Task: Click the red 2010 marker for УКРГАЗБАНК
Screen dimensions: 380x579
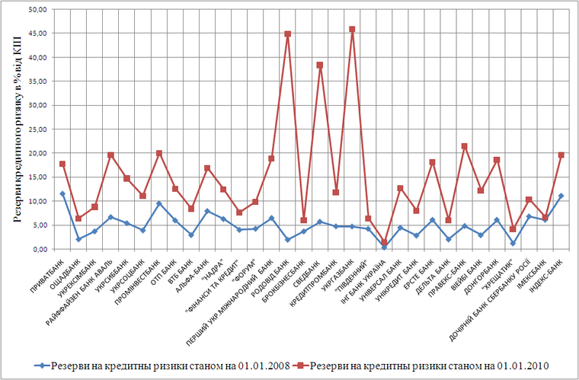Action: coord(352,29)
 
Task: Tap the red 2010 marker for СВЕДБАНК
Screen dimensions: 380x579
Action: coord(320,65)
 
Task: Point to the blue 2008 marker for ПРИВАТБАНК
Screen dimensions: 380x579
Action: coord(62,194)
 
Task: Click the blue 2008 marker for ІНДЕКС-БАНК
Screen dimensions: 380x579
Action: coord(561,196)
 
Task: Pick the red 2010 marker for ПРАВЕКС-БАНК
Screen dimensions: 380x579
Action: coord(465,146)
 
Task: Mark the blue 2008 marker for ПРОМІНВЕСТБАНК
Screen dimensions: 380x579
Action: coord(159,203)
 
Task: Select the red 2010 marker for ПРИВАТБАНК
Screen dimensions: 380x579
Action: coord(62,164)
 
